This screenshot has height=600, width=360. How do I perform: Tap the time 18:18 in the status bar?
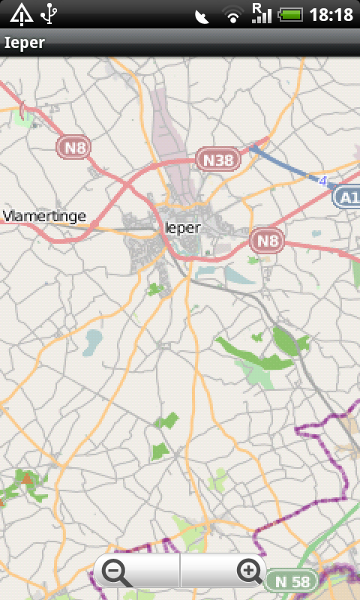click(x=331, y=14)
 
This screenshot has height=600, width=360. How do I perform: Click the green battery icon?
click(x=290, y=14)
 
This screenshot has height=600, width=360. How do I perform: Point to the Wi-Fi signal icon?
click(x=233, y=15)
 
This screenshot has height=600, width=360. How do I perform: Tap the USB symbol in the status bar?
click(x=49, y=13)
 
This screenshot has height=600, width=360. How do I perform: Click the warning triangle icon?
click(x=21, y=13)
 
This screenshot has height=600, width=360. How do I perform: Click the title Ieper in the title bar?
click(x=25, y=43)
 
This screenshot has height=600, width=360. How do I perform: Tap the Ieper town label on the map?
click(x=181, y=227)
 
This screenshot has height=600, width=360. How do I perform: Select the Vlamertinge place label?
click(x=44, y=217)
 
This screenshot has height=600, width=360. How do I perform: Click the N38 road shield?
click(x=218, y=158)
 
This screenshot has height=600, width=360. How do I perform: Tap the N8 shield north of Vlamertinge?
click(x=73, y=147)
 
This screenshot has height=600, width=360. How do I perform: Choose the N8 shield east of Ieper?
click(x=267, y=240)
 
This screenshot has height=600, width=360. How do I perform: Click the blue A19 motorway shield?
click(x=346, y=196)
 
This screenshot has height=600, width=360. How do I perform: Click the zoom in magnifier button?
click(x=250, y=572)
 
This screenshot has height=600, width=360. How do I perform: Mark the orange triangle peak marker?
click(x=27, y=478)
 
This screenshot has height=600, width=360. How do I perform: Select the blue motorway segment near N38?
click(x=281, y=161)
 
